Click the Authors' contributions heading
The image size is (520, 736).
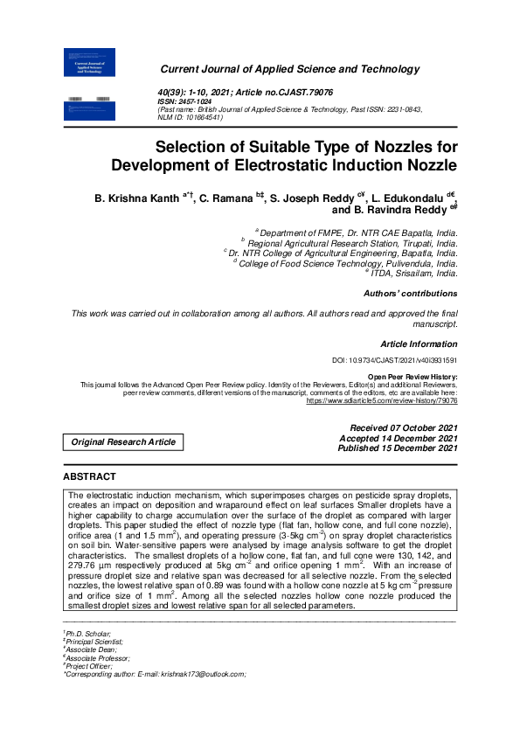click(410, 294)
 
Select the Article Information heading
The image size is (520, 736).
click(419, 344)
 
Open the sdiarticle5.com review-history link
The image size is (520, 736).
click(382, 400)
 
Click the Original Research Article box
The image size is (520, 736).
click(123, 442)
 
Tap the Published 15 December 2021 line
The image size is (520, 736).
click(398, 448)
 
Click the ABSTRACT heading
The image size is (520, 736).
click(89, 476)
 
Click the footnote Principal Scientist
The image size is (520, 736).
click(94, 642)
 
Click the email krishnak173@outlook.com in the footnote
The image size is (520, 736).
click(202, 674)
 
